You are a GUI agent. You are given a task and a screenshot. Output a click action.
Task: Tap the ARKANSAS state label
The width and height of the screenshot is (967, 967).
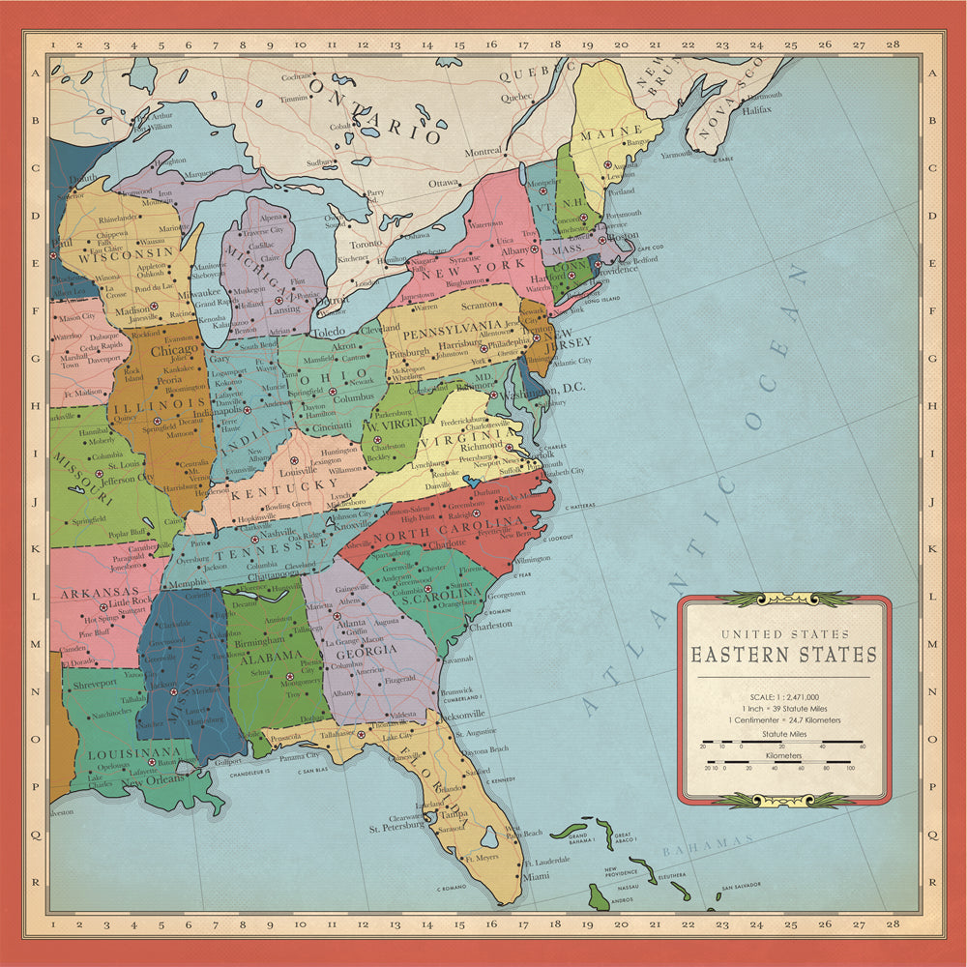coord(96,592)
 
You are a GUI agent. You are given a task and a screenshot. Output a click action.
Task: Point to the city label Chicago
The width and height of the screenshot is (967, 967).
coord(174,350)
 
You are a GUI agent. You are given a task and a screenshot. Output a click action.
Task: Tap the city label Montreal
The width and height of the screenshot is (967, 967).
coord(483,152)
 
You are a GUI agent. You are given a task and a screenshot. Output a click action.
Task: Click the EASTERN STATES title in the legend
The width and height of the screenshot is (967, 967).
coord(783,655)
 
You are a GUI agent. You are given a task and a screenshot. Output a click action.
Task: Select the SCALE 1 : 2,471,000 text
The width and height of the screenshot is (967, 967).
coord(783,696)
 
